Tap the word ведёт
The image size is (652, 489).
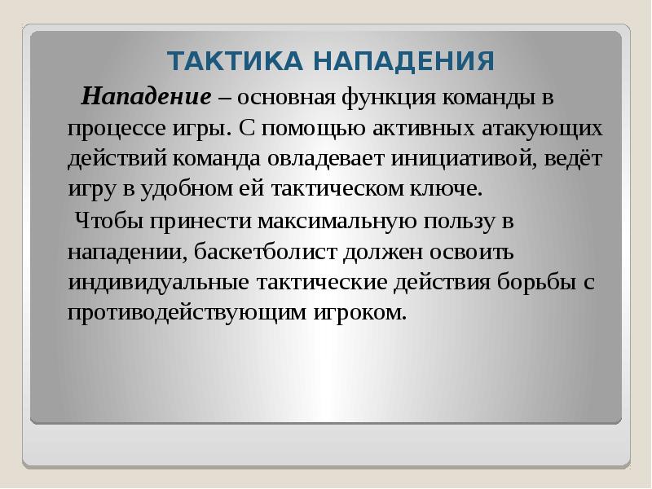pyautogui.click(x=579, y=159)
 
